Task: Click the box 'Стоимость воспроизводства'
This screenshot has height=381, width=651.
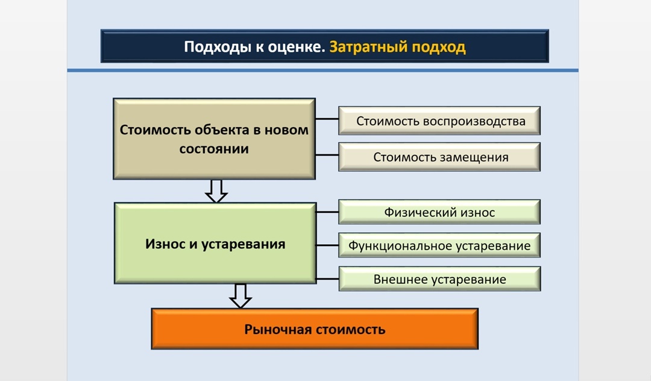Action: coord(439,121)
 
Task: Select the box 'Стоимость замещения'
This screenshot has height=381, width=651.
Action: coord(439,157)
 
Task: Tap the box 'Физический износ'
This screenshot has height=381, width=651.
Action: coord(439,212)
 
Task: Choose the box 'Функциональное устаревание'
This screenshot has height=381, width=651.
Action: coord(439,245)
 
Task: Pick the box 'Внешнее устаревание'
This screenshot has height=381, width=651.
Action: coord(439,279)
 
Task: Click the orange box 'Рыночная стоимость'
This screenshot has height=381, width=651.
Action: coord(315,329)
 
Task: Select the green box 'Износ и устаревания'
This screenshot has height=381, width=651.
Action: coord(215,244)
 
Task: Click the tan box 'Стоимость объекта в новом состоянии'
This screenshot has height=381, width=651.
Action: coord(214,139)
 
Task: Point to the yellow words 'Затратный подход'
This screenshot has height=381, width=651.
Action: coord(398,47)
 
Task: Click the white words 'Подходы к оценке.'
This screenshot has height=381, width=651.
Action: coord(255,47)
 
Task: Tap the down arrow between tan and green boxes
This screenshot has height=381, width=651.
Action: coord(216,190)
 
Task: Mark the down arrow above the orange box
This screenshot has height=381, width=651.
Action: coord(241,295)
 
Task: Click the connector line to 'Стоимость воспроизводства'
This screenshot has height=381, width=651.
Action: coord(327,119)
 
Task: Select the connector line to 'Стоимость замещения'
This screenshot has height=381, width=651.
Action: coord(327,156)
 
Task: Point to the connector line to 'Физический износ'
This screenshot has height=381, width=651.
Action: coord(327,212)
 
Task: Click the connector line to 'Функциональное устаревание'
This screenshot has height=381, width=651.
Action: coord(327,245)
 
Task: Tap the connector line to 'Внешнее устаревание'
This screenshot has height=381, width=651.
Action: coord(327,279)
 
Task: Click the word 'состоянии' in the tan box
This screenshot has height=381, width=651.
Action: coord(214,148)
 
